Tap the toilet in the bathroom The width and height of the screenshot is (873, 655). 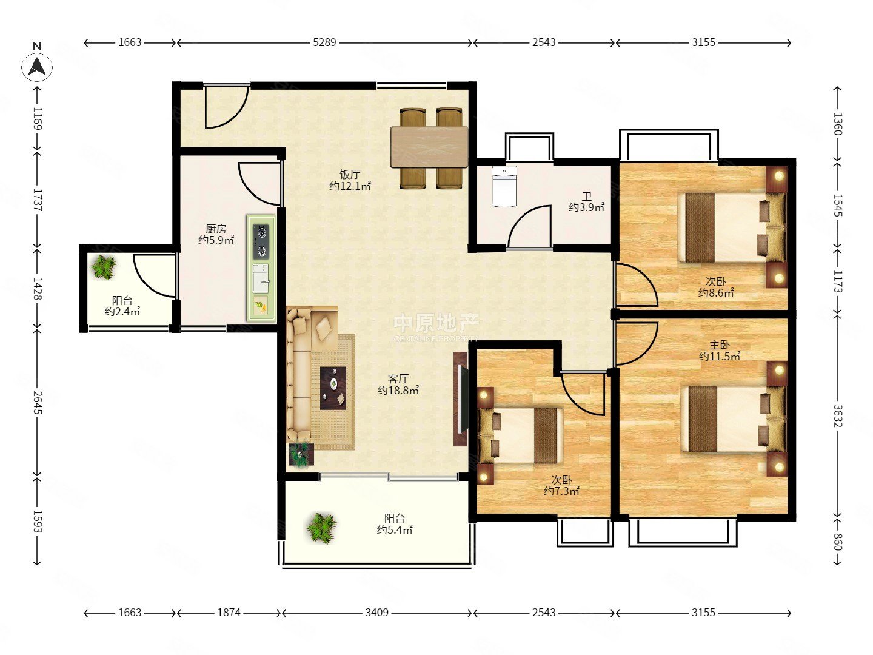point(504,186)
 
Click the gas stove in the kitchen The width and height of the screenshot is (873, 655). point(261,241)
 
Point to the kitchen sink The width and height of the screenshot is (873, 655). point(261,278)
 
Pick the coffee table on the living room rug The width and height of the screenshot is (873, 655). point(333,388)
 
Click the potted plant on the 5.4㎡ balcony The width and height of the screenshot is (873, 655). point(321,528)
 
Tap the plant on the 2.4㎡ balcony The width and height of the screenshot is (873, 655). point(104,267)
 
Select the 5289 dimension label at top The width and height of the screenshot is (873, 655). point(324,42)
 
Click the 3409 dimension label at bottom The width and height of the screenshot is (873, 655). point(376,612)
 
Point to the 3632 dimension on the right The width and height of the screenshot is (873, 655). point(838,415)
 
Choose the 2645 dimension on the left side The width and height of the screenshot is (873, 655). point(38,402)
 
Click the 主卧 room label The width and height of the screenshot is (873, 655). point(720,344)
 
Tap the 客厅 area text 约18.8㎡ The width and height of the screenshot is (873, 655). point(398,391)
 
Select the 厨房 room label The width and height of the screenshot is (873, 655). point(216,229)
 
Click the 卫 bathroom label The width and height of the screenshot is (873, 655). point(587,196)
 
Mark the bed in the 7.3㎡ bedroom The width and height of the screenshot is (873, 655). point(520,435)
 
